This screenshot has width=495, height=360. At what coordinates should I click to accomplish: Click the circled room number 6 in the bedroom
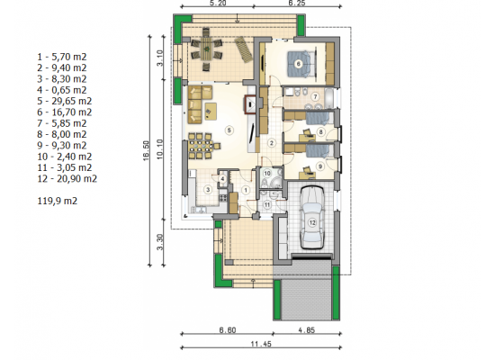tap(298, 64)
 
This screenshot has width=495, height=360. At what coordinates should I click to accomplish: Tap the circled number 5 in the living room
tap(229, 130)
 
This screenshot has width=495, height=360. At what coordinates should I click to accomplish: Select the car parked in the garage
tap(312, 217)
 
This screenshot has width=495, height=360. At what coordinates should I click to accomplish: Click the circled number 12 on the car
tap(312, 222)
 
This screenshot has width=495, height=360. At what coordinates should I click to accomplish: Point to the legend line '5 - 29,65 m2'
tap(65, 101)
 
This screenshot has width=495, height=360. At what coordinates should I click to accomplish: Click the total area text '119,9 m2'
tap(57, 201)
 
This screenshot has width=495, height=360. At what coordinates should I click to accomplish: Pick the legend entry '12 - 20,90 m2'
tap(67, 179)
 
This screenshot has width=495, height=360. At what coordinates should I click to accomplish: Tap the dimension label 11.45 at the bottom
tap(261, 344)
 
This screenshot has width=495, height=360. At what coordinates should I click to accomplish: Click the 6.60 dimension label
tap(228, 330)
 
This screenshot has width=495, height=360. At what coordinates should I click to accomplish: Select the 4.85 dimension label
tap(307, 330)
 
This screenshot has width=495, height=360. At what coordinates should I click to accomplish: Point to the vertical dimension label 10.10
tap(160, 149)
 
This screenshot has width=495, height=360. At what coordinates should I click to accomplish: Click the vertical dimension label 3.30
tap(160, 241)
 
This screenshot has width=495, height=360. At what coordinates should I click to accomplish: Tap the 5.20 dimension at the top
tap(218, 4)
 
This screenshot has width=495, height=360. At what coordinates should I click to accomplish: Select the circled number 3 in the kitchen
tap(208, 190)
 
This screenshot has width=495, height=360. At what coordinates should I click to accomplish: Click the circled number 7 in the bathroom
tap(315, 96)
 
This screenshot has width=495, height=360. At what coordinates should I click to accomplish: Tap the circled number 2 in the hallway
tap(271, 143)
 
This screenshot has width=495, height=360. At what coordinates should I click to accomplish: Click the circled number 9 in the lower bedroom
tap(320, 166)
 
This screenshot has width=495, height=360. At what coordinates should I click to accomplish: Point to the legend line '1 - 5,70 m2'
tap(62, 57)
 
